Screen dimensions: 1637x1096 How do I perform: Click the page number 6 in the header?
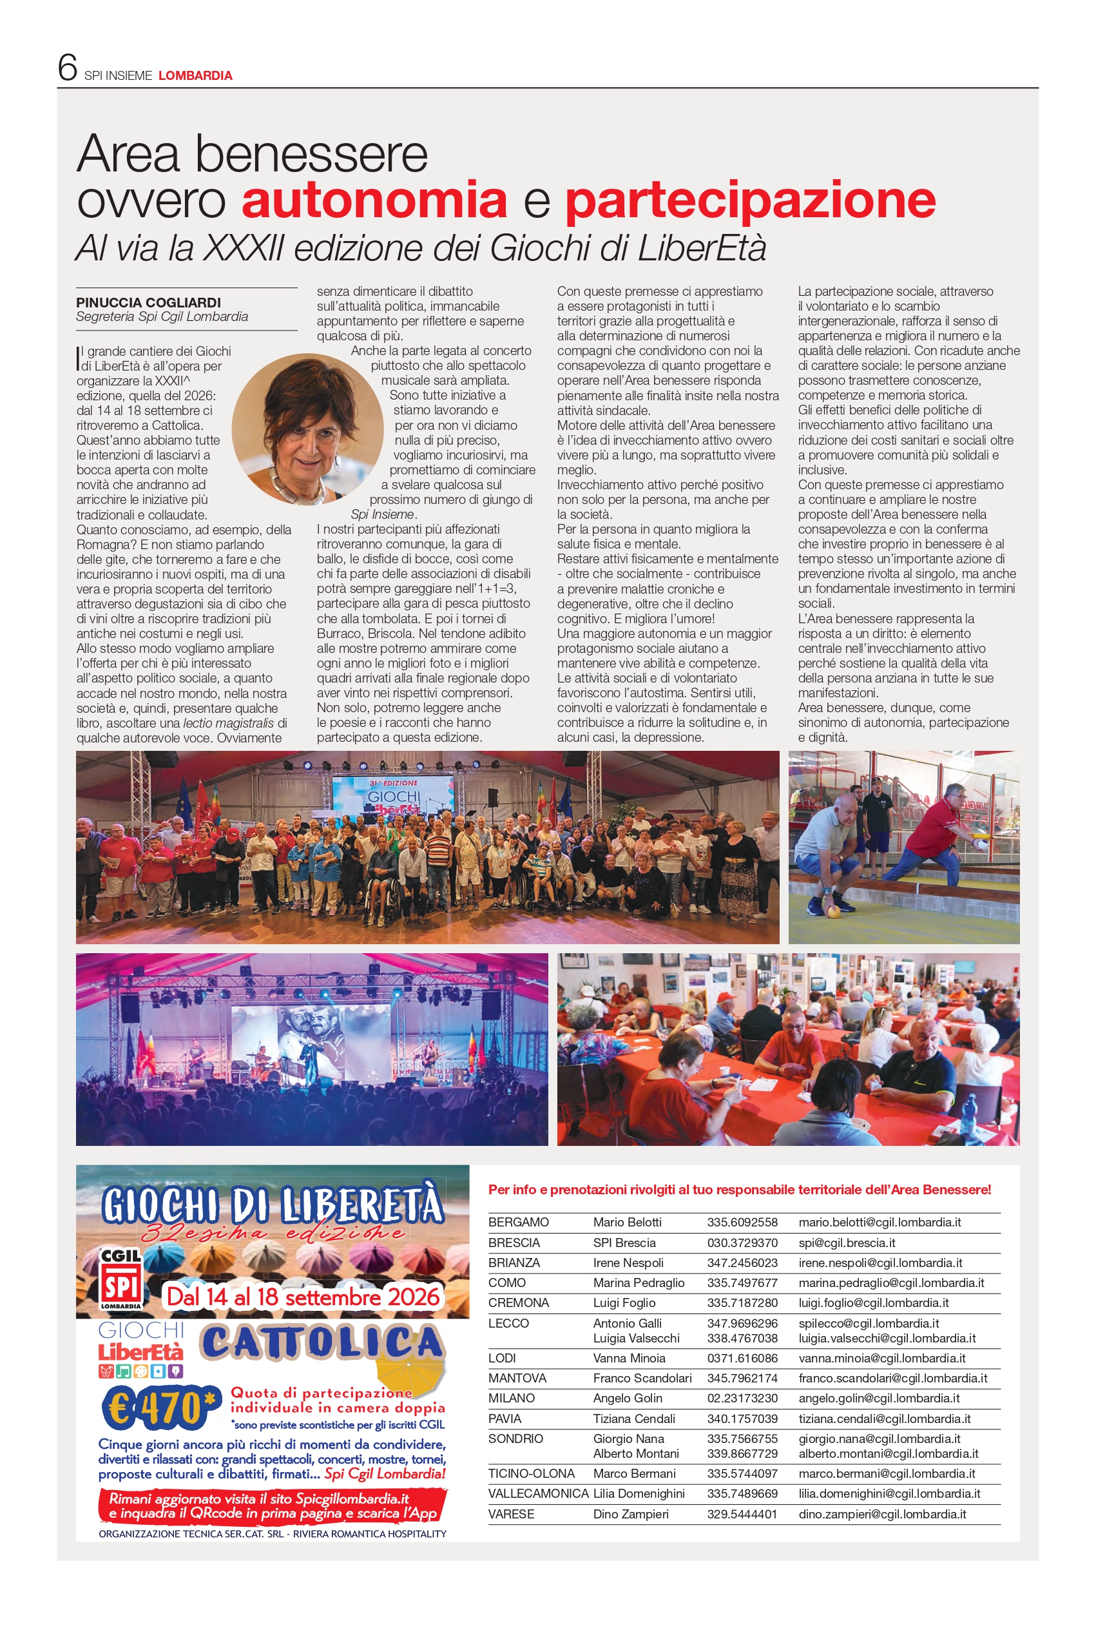tap(67, 68)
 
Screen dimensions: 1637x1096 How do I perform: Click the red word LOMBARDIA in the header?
tap(195, 75)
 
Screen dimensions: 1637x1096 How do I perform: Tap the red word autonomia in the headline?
tap(374, 200)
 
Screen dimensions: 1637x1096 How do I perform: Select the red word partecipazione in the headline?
tap(750, 200)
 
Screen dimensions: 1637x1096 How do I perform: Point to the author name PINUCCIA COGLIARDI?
tap(148, 303)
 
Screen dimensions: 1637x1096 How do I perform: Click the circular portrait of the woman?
tap(307, 429)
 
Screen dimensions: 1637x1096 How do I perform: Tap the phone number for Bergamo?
tap(742, 1222)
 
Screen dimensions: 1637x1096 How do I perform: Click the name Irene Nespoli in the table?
tap(628, 1263)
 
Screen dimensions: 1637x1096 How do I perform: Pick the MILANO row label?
tap(511, 1397)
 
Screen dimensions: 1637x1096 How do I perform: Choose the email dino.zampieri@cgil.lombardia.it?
tap(882, 1513)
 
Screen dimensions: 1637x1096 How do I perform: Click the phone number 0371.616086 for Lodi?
tap(742, 1357)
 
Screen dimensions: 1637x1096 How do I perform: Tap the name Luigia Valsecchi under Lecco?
tap(636, 1338)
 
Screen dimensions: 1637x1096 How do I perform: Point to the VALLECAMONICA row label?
tap(537, 1493)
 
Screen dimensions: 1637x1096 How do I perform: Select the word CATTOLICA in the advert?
tap(322, 1342)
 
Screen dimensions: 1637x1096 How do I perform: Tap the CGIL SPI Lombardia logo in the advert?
tap(121, 1280)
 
